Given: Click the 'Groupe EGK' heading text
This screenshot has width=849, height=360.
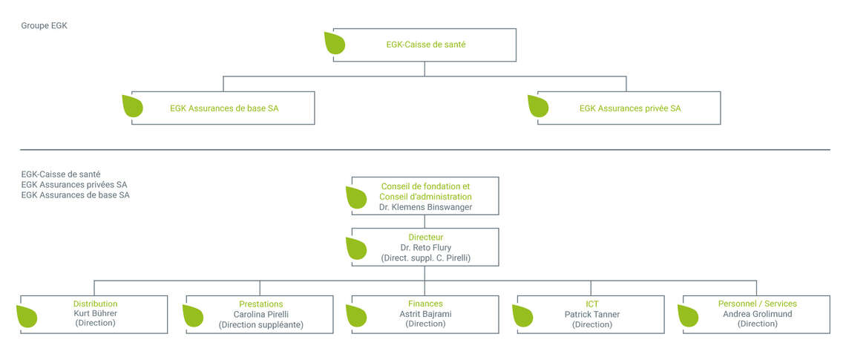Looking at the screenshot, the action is coord(45,25).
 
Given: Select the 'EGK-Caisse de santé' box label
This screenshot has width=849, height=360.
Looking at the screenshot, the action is coord(426,45).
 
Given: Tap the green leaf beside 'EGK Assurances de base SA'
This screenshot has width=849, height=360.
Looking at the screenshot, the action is coord(133,106).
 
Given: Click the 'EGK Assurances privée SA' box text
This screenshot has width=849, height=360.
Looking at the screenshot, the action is coord(630,108).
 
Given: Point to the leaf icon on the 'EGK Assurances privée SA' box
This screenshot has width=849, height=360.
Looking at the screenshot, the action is coord(538,106).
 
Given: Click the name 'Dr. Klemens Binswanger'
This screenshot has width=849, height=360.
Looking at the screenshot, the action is coord(425,207).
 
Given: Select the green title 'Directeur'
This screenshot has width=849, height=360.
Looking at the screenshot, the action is coord(425,237).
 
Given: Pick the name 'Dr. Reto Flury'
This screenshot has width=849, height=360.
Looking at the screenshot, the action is coord(425,247).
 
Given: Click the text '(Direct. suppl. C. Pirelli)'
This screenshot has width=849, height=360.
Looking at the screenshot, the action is coord(425,258).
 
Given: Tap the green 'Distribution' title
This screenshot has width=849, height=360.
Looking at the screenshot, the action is coord(95,304).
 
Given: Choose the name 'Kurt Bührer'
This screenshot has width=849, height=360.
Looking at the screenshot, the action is coord(95,313).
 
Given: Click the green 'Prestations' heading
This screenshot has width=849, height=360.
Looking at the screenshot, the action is coord(261,304).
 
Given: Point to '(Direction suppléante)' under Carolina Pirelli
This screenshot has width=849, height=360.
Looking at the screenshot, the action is coord(261,325).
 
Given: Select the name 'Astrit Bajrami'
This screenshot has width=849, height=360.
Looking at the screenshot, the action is coord(425,313).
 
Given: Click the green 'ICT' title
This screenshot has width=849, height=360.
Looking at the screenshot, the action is coord(591,304).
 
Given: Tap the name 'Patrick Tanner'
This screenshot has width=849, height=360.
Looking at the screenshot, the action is coord(591,314).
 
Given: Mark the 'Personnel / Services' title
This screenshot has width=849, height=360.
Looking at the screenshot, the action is coord(758,304).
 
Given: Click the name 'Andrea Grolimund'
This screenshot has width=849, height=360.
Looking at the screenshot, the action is coord(758,313).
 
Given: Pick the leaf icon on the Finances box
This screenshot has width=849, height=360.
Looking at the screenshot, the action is coord(357,316).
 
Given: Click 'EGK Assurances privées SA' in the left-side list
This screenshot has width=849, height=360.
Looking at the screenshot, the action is coord(74,185).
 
